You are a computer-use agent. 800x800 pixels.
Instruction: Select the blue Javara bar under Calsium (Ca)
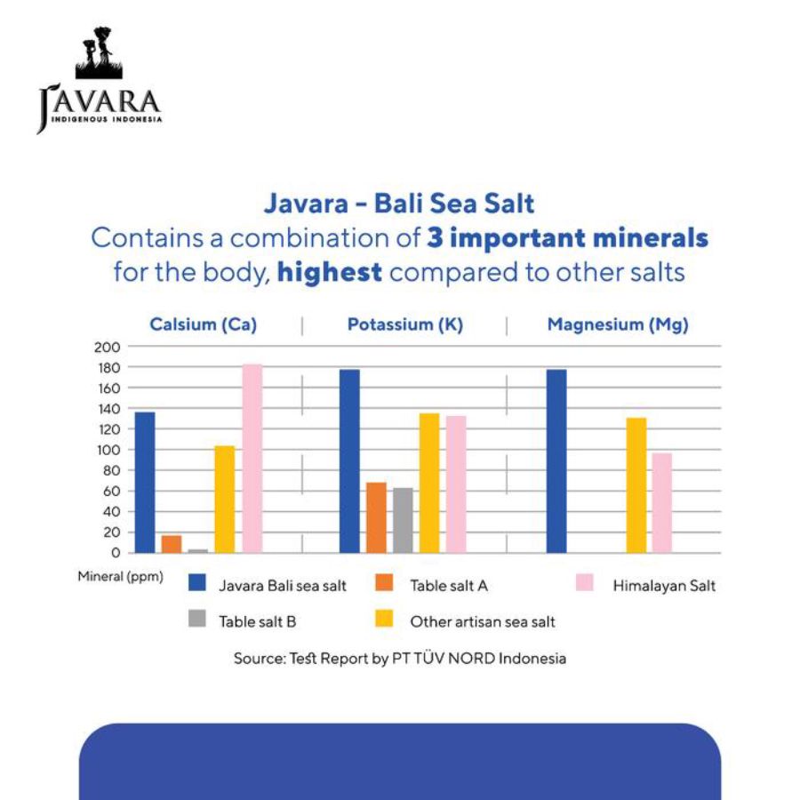click(x=145, y=482)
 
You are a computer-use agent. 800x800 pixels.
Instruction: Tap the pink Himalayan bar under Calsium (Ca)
click(x=252, y=459)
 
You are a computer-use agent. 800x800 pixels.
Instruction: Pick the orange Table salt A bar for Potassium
click(x=376, y=517)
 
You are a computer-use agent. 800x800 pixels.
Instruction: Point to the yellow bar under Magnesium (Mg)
click(x=636, y=485)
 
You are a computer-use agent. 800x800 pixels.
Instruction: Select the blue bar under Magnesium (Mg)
click(x=556, y=461)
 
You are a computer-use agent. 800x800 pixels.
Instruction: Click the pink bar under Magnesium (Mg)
click(x=662, y=503)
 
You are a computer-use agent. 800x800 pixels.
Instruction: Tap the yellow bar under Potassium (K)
click(x=429, y=483)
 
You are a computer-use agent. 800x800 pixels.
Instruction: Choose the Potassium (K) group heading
click(x=405, y=325)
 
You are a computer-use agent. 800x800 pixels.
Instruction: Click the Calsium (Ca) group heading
click(x=203, y=325)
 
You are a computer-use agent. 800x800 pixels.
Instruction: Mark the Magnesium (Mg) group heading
click(x=618, y=325)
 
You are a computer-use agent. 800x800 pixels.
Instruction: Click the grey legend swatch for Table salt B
click(x=197, y=619)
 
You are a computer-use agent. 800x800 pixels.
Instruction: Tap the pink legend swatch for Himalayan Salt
click(x=584, y=583)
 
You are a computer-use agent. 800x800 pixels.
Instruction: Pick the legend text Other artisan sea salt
click(x=482, y=622)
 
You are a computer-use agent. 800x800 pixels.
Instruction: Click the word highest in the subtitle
click(x=330, y=272)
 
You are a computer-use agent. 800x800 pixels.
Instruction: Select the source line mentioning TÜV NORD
click(x=400, y=659)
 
